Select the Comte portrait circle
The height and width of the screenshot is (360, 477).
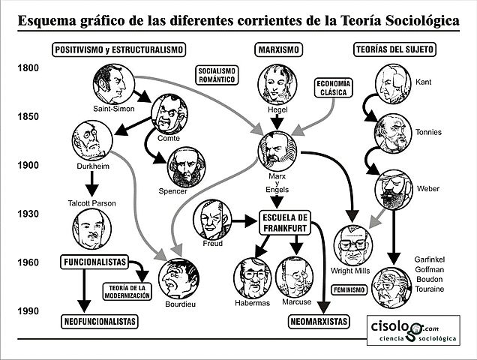pyautogui.click(x=169, y=113)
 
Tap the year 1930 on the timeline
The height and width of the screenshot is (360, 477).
pyautogui.click(x=28, y=214)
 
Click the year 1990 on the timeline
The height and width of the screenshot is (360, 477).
pyautogui.click(x=28, y=310)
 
